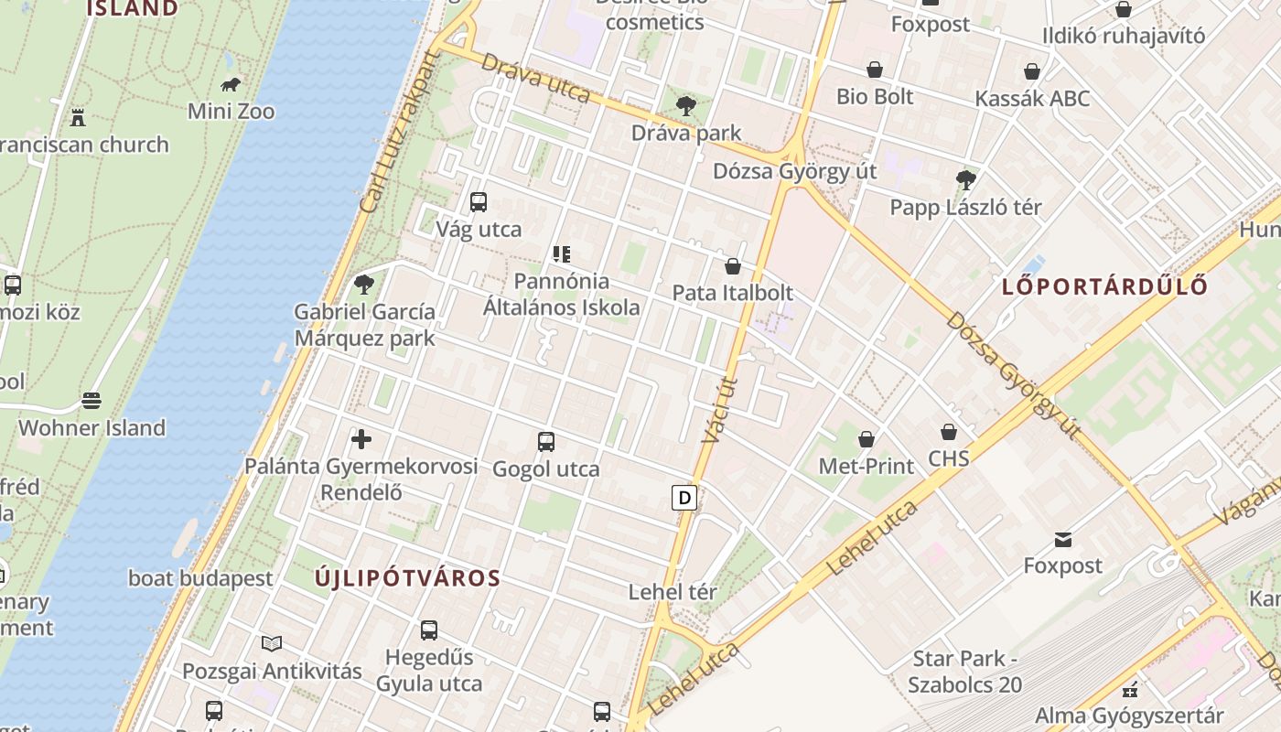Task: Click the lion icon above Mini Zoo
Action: point(231,85)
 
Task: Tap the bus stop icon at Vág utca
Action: point(478,202)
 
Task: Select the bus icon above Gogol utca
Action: point(546,442)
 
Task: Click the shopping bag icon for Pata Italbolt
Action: point(732,266)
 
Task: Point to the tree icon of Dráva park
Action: point(685,106)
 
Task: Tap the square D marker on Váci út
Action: point(684,498)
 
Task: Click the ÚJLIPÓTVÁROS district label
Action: point(408,578)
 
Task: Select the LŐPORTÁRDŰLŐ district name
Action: point(1104,286)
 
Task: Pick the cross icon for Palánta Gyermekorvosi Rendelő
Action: point(361,439)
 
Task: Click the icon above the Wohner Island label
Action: point(91,401)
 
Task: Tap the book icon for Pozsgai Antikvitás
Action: point(272,643)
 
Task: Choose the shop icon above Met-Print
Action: point(866,439)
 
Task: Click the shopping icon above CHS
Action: point(949,431)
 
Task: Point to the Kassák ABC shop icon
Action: point(1032,71)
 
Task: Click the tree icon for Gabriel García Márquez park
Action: point(364,284)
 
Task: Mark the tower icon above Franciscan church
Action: point(78,117)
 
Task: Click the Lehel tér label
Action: point(673,592)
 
